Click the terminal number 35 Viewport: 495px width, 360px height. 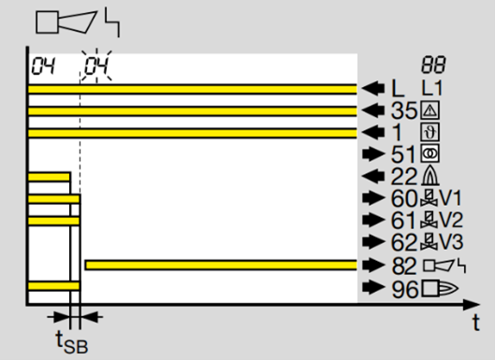404,110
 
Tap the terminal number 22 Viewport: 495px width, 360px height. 404,177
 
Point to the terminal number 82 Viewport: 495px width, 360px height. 404,266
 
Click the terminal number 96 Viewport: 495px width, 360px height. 404,289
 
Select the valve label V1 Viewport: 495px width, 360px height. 451,198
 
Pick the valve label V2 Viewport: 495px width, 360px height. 451,220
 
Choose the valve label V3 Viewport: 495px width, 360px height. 451,242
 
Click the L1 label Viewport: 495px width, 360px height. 432,88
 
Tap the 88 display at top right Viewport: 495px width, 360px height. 433,65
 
